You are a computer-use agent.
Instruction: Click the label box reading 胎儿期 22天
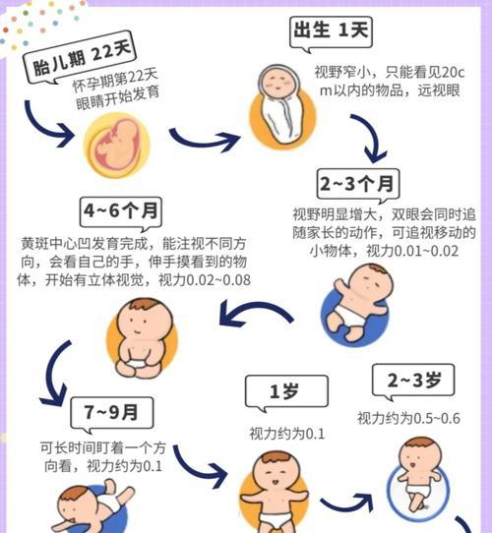[x=81, y=59]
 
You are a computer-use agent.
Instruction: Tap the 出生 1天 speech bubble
[x=331, y=32]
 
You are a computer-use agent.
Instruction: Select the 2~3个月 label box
[x=358, y=185]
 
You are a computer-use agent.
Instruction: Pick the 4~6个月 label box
[x=121, y=211]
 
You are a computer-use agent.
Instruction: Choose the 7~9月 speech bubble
[x=112, y=414]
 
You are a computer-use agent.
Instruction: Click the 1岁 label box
[x=286, y=392]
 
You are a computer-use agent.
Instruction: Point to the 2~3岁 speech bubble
[x=413, y=381]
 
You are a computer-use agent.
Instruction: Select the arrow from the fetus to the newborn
[x=204, y=140]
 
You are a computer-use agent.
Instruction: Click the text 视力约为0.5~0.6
[x=408, y=418]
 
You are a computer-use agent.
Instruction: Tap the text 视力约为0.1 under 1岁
[x=286, y=434]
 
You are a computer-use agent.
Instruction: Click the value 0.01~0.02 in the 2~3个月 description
[x=426, y=251]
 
